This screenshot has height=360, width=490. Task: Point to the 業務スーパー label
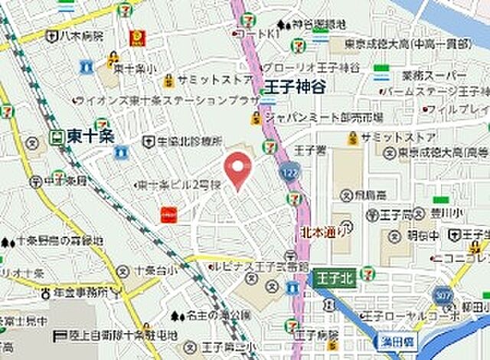click(x=433, y=75)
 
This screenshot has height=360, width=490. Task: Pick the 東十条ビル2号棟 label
click(x=177, y=185)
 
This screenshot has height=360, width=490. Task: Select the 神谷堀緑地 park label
click(x=296, y=22)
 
